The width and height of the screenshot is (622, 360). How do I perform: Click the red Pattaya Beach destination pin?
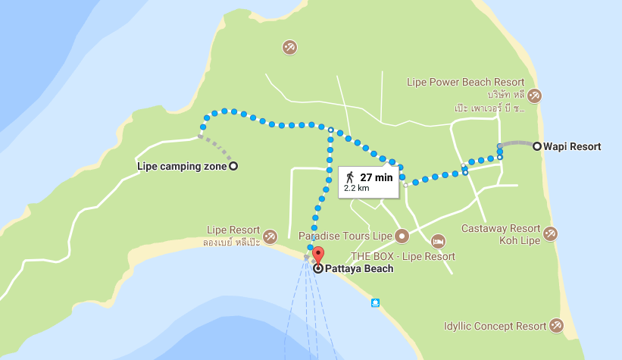(318, 255)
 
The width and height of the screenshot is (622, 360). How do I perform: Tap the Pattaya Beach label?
(359, 268)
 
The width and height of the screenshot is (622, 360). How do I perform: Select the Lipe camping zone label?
(182, 166)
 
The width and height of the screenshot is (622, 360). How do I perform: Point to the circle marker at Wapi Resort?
(537, 146)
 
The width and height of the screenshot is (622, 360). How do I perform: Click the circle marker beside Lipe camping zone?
(233, 166)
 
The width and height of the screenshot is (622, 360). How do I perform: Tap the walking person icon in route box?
(350, 177)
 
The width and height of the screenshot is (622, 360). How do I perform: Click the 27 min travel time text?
(377, 177)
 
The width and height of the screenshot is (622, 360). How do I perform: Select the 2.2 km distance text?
(356, 188)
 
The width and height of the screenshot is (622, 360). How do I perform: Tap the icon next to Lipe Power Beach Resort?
(535, 95)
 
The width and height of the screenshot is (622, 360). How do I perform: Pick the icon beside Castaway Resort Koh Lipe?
(551, 233)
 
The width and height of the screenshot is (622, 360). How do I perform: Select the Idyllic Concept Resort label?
(495, 327)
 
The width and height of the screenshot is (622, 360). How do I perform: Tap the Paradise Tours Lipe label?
(345, 236)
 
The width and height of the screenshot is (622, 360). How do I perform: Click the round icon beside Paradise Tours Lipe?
(402, 236)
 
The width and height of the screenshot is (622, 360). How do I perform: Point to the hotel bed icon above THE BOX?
(438, 241)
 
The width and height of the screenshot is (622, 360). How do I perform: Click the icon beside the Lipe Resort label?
(270, 235)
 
